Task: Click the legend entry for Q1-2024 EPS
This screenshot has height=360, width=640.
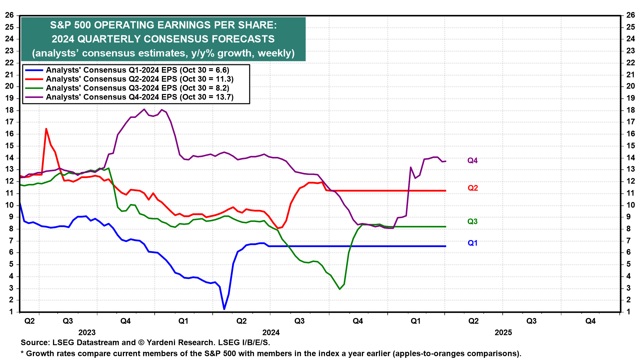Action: pyautogui.click(x=137, y=70)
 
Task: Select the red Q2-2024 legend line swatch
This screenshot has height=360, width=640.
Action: pyautogui.click(x=34, y=79)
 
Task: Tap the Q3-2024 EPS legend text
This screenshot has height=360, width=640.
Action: pyautogui.click(x=137, y=88)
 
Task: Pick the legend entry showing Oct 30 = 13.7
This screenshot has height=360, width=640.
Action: pyautogui.click(x=140, y=97)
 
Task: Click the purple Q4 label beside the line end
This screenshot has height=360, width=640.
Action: pyautogui.click(x=472, y=161)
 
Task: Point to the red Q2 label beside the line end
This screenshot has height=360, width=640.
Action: pyautogui.click(x=473, y=188)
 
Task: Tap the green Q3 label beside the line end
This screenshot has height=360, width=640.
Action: pyautogui.click(x=472, y=222)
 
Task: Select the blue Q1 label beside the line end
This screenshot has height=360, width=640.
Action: pyautogui.click(x=472, y=243)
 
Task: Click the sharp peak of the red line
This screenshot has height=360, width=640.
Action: pyautogui.click(x=46, y=129)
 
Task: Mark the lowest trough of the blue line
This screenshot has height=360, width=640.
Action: pyautogui.click(x=224, y=309)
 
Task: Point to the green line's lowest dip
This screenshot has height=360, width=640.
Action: pyautogui.click(x=340, y=289)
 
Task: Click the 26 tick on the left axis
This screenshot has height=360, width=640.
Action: pyautogui.click(x=9, y=15)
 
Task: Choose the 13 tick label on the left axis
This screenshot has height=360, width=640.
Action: pyautogui.click(x=9, y=169)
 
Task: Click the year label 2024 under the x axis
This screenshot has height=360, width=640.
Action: pyautogui.click(x=271, y=332)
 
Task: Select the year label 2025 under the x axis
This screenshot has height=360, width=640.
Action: pyautogui.click(x=503, y=332)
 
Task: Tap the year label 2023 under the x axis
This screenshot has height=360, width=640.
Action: pyautogui.click(x=87, y=332)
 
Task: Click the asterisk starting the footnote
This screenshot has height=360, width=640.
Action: pyautogui.click(x=22, y=353)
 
